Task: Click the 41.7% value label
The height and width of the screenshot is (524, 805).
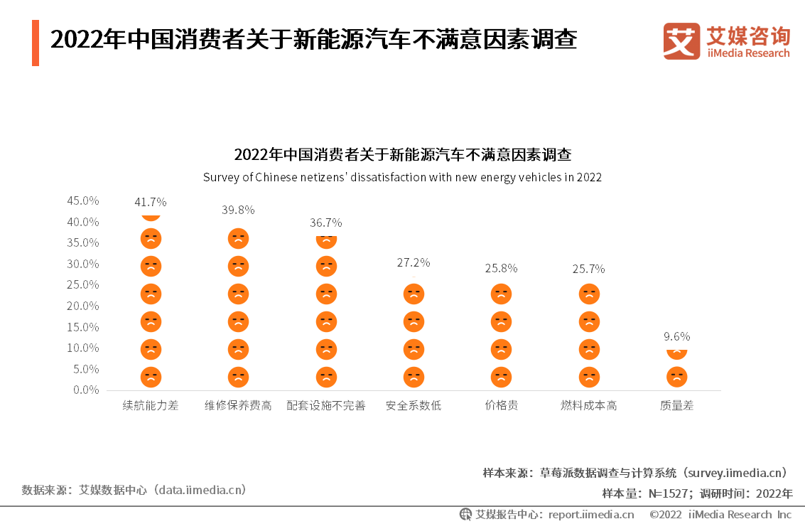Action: (x=151, y=202)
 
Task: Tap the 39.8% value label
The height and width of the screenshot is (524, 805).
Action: (x=238, y=210)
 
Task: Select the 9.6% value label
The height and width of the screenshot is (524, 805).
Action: (x=676, y=336)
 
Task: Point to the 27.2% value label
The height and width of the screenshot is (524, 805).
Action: (x=414, y=262)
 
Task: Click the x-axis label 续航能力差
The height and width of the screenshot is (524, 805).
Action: (x=151, y=405)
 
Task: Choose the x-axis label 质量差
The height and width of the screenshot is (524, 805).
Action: (x=676, y=405)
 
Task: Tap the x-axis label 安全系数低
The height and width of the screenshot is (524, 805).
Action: (x=414, y=405)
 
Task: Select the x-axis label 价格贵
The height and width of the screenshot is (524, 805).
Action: (x=501, y=405)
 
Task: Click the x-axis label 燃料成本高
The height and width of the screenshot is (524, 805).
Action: (x=588, y=405)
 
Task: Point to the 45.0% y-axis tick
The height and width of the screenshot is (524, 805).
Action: (x=83, y=201)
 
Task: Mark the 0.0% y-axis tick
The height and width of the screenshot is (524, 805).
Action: (x=86, y=390)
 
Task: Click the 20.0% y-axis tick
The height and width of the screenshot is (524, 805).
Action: (x=83, y=306)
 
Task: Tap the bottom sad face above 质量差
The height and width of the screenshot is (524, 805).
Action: (x=676, y=377)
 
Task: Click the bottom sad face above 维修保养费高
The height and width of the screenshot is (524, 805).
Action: (x=238, y=377)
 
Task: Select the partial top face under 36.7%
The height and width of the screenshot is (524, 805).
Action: (x=326, y=241)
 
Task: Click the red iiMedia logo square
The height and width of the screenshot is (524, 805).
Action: (x=681, y=41)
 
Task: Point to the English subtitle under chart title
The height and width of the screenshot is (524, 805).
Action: (x=402, y=177)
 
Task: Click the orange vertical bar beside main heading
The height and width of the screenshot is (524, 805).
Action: (x=36, y=43)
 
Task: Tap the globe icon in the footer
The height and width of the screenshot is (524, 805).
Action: (x=465, y=514)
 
